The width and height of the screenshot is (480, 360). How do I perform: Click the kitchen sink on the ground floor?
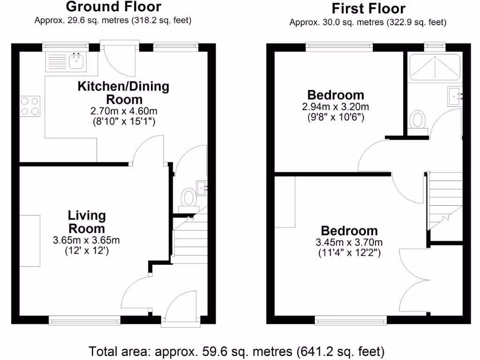(x=75, y=60)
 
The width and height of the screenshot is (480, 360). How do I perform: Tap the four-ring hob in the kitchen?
(x=29, y=105)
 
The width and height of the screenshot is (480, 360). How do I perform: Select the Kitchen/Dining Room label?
(x=123, y=93)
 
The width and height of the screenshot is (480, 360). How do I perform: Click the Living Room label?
(x=87, y=222)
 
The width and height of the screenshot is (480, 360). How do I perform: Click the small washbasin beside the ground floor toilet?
(x=202, y=187)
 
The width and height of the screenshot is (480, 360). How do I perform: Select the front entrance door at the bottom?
(x=180, y=307)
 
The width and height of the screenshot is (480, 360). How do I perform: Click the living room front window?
(x=85, y=321)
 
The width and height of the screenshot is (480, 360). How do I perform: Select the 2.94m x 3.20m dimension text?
(x=335, y=107)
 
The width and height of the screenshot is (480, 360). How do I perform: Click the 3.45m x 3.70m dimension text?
(x=349, y=243)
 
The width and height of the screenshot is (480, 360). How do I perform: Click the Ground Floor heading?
(x=113, y=7)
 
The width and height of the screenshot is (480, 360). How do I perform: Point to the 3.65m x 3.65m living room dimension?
(x=87, y=240)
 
